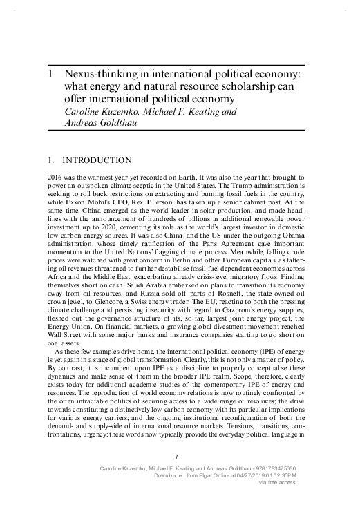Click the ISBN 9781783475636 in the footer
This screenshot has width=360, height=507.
coord(304,468)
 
